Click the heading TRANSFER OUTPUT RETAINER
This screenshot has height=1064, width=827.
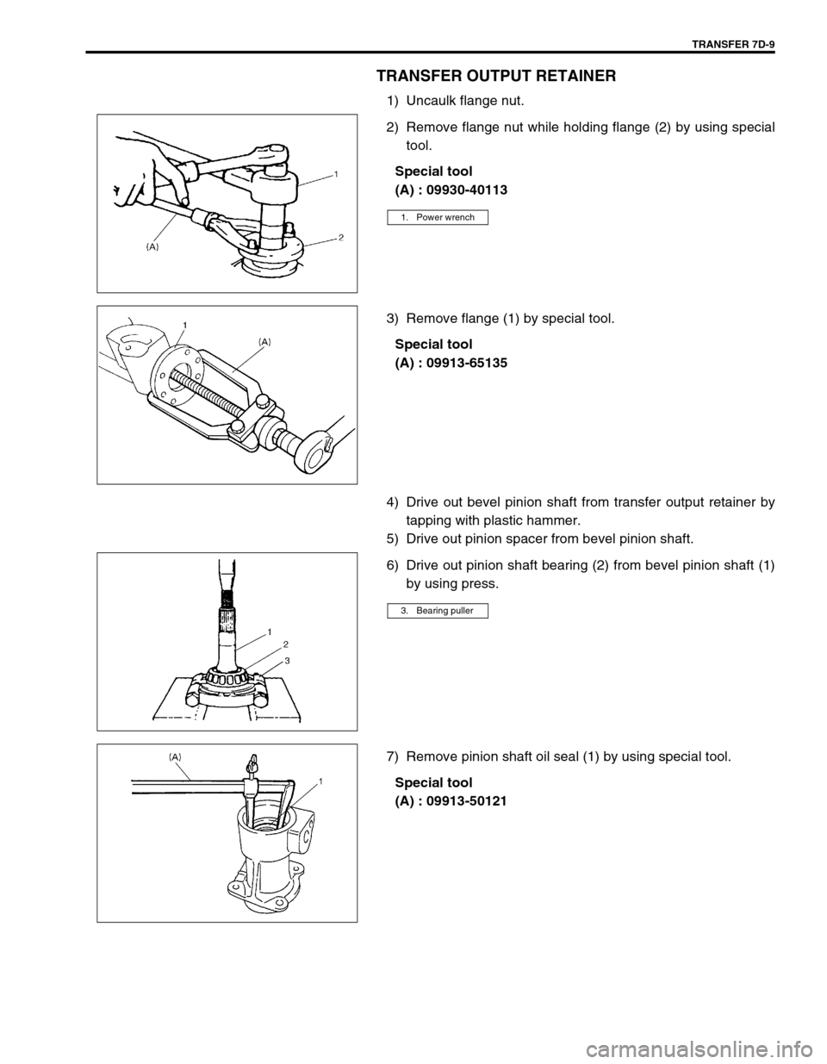pos(495,76)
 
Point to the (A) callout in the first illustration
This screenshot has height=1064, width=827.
pos(152,246)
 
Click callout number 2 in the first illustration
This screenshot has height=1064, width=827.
pos(340,235)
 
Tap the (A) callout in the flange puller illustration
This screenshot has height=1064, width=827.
pos(265,341)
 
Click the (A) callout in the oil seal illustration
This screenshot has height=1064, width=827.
pos(176,756)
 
